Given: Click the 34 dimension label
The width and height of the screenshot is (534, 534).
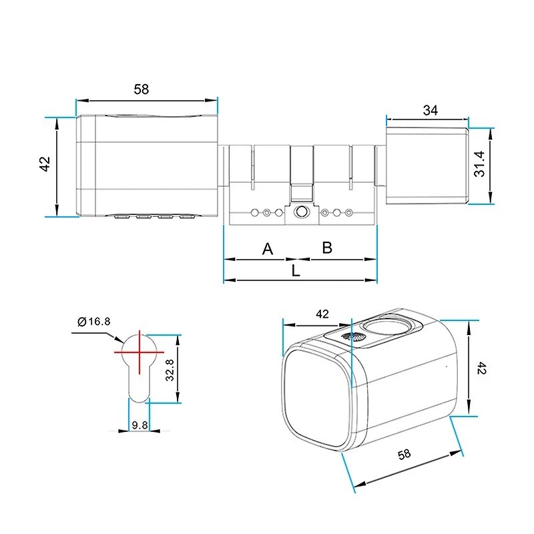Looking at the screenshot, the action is [430, 110].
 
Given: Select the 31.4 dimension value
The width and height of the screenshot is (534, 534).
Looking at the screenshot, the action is [479, 164].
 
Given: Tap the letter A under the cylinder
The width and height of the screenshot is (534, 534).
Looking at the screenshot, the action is [268, 248].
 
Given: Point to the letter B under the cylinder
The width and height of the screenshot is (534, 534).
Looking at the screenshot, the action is [327, 248].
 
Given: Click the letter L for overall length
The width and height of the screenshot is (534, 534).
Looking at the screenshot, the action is [296, 271].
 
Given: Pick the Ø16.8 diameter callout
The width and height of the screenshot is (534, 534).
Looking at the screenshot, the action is [94, 321].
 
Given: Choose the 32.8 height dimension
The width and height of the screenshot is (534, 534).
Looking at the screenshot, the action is [170, 370].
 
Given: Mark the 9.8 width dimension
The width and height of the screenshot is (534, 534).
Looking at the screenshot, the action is [140, 425].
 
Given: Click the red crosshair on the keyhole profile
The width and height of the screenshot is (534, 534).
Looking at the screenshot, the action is [140, 352].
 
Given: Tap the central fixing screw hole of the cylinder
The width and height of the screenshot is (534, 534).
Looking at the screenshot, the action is [302, 212].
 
